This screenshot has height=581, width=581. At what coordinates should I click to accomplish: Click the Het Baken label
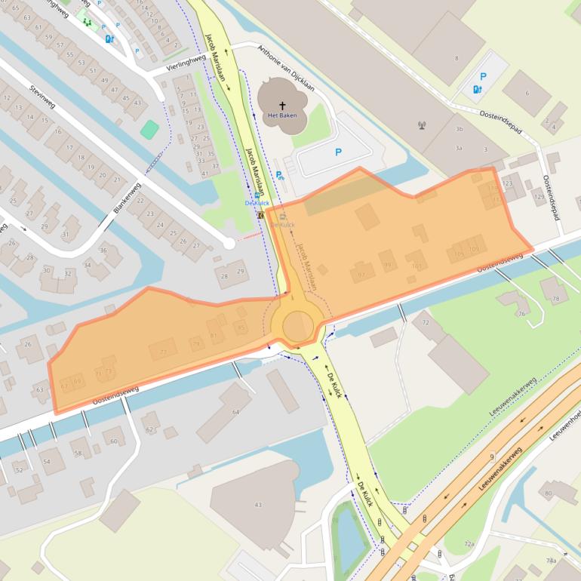pos(283,116)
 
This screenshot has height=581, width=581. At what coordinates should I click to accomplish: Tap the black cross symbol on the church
pos(283,106)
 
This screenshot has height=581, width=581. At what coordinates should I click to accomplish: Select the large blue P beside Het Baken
pos(338,152)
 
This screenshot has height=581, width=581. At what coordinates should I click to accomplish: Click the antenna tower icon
pos(422,125)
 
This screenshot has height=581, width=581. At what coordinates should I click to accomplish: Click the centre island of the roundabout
pos(297,326)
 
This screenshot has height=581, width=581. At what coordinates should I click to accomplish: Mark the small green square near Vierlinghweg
pos(150,129)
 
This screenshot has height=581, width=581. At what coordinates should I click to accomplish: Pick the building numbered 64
pos(235,411)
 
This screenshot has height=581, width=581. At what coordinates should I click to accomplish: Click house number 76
pos(522,313)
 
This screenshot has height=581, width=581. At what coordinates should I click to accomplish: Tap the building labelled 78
pos(556,300)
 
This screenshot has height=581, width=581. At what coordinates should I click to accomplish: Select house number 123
pos(507,183)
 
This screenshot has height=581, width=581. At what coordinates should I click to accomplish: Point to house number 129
pos(539,197)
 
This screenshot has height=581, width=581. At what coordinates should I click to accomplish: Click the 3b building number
pos(458,130)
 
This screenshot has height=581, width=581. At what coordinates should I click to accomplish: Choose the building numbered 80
pos(549,494)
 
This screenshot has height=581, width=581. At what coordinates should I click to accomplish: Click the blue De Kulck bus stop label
pos(257,203)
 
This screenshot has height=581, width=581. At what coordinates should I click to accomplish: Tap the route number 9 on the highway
pos(491,456)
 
